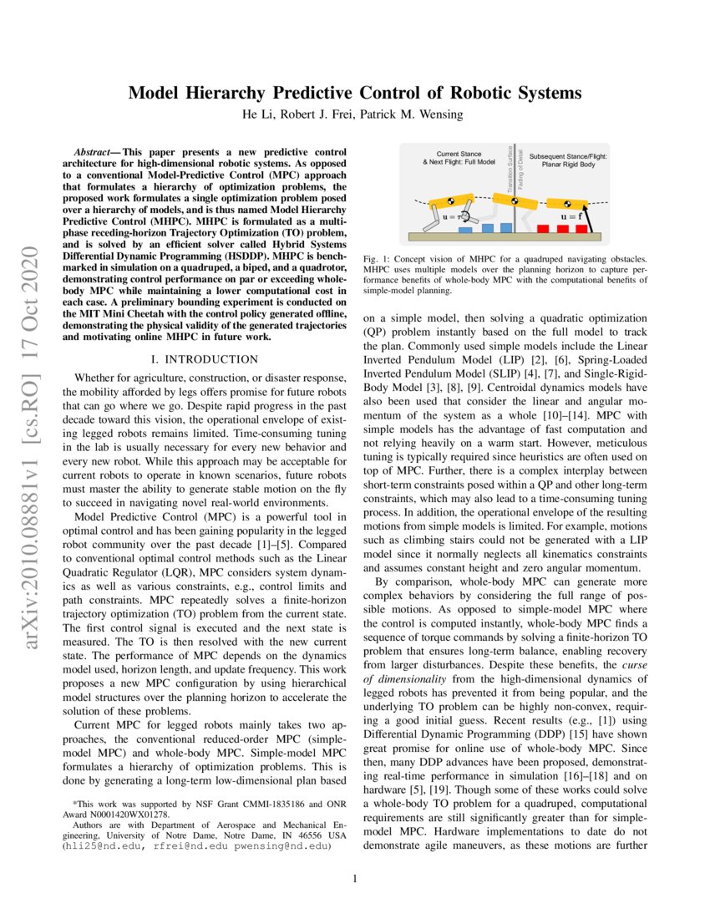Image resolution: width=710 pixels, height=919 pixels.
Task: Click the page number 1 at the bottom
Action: point(355,878)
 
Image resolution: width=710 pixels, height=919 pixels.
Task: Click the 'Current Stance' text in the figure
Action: point(459,155)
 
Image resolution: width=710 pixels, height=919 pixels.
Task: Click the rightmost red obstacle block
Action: point(586,228)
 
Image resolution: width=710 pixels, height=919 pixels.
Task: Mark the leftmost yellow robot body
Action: point(446,203)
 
